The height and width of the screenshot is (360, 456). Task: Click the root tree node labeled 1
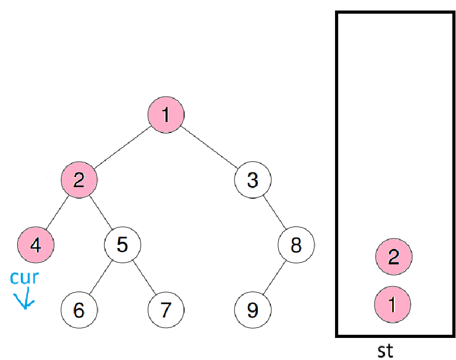coord(166,115)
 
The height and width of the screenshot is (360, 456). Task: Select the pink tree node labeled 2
coord(79,180)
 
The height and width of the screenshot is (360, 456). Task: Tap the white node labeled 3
coord(252,180)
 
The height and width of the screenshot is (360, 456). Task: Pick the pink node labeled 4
coord(36,244)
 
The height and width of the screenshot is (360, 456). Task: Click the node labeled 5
coord(122,244)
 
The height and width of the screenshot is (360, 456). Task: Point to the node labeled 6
coord(79,310)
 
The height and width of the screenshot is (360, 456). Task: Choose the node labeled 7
coord(166,310)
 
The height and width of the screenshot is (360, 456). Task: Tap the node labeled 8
coord(296,244)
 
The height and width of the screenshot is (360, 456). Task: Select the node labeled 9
coord(252,310)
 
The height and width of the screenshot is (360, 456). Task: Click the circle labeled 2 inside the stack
coord(393,257)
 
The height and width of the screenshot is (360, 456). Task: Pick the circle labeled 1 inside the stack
coord(393,304)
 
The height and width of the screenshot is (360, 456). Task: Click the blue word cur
coord(25,276)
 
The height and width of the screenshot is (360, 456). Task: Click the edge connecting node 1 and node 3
coord(209,148)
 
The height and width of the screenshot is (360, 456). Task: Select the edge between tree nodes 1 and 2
coord(122,148)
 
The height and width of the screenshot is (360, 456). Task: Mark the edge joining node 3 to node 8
coord(274,212)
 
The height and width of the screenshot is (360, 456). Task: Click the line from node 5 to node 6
coord(100,277)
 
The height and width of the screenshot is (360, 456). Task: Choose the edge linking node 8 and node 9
coord(274,277)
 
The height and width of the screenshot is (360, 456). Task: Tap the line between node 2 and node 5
coord(100,212)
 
